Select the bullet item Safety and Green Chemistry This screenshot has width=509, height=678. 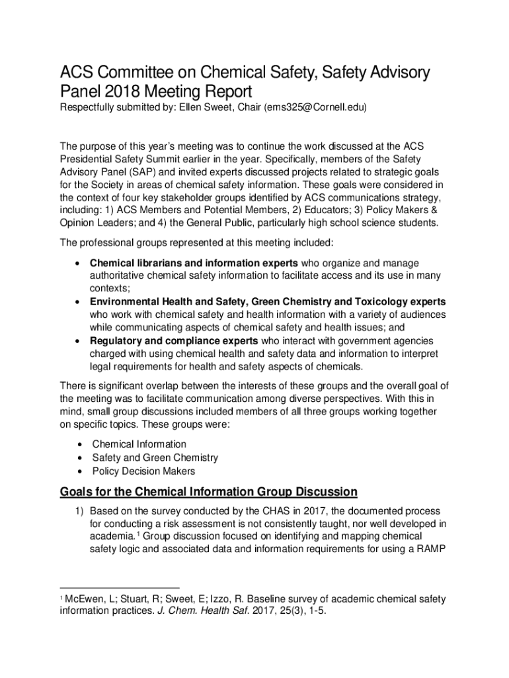tap(155, 458)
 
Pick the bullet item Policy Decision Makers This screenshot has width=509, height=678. tap(143, 471)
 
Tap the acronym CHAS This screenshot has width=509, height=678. tap(244, 511)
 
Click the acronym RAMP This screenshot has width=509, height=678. tap(430, 550)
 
